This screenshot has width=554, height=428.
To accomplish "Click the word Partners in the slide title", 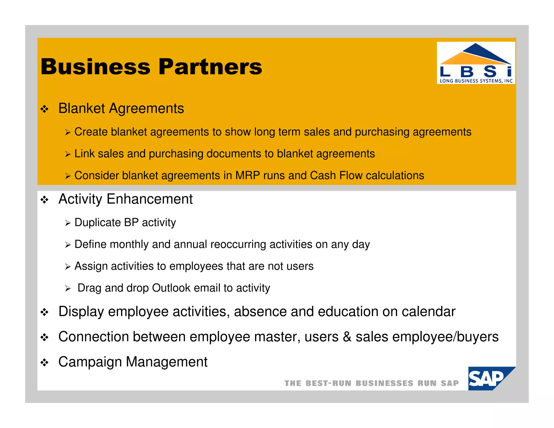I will click(210, 67).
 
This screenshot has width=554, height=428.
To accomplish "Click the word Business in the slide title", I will click(95, 67).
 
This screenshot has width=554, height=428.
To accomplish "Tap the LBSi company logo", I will click(476, 63).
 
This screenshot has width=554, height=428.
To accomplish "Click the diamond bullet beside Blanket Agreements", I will click(44, 109).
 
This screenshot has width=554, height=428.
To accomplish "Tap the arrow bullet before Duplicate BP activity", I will click(68, 223).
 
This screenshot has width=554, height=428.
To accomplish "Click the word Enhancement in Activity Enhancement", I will click(150, 199).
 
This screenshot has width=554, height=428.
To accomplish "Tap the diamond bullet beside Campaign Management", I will click(44, 363).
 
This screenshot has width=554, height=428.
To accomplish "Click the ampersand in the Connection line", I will click(347, 337).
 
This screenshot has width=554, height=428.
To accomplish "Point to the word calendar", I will click(428, 312).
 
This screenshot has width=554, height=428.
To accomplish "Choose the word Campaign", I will click(90, 362).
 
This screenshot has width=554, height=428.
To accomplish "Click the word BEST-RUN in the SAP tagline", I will click(328, 383).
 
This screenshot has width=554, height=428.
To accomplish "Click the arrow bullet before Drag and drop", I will click(68, 289).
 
